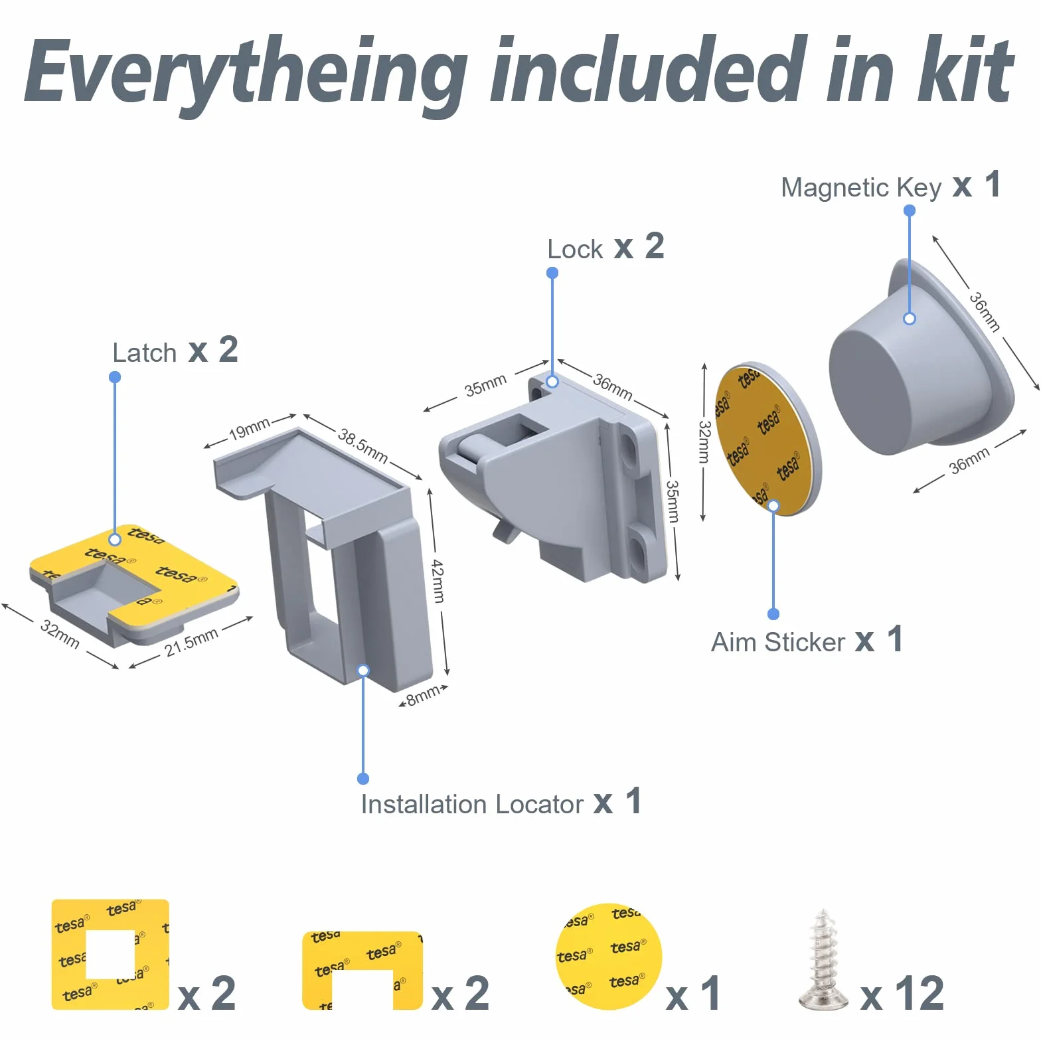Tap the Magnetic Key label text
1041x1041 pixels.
point(861,188)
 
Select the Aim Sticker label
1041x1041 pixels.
point(777,642)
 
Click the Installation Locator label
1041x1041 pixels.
point(472,804)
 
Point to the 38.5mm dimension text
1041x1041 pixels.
point(362,445)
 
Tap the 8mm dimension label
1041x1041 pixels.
point(423,695)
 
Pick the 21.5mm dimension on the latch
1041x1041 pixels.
point(192,642)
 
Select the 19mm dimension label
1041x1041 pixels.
point(249,429)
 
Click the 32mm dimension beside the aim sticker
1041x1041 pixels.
point(704,441)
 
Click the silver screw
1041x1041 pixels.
point(823,961)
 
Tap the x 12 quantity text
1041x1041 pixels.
point(902,994)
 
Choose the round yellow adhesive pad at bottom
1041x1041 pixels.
point(609,957)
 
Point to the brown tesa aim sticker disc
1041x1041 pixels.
point(767,439)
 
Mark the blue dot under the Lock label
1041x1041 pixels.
point(552,273)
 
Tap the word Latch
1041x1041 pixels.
point(144,353)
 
